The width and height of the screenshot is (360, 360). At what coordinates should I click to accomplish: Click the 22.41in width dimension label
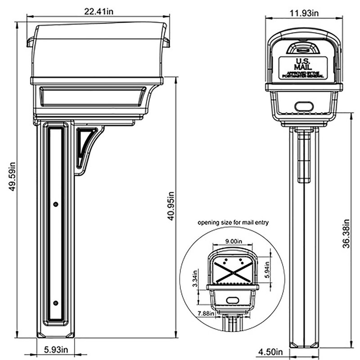(98, 12)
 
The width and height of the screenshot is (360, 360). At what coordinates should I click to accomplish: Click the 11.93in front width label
(304, 13)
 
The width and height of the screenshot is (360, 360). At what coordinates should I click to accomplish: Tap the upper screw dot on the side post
(55, 204)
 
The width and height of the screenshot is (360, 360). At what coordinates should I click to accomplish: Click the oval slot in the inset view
(232, 300)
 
